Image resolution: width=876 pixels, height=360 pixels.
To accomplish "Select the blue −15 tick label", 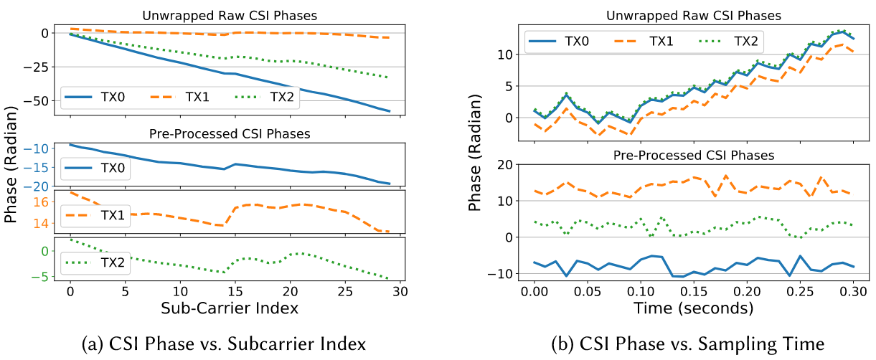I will pos(37,168).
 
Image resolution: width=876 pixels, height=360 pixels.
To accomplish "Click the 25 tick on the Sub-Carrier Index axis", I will pos(345,292).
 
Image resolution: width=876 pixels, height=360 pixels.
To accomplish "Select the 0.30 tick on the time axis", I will pos(853,292).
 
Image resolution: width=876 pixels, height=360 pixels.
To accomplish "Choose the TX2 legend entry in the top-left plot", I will pos(268,96).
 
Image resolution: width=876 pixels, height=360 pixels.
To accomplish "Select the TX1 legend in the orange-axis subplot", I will pos(101,215).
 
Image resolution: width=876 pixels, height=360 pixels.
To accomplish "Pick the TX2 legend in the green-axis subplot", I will pos(101,262).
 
